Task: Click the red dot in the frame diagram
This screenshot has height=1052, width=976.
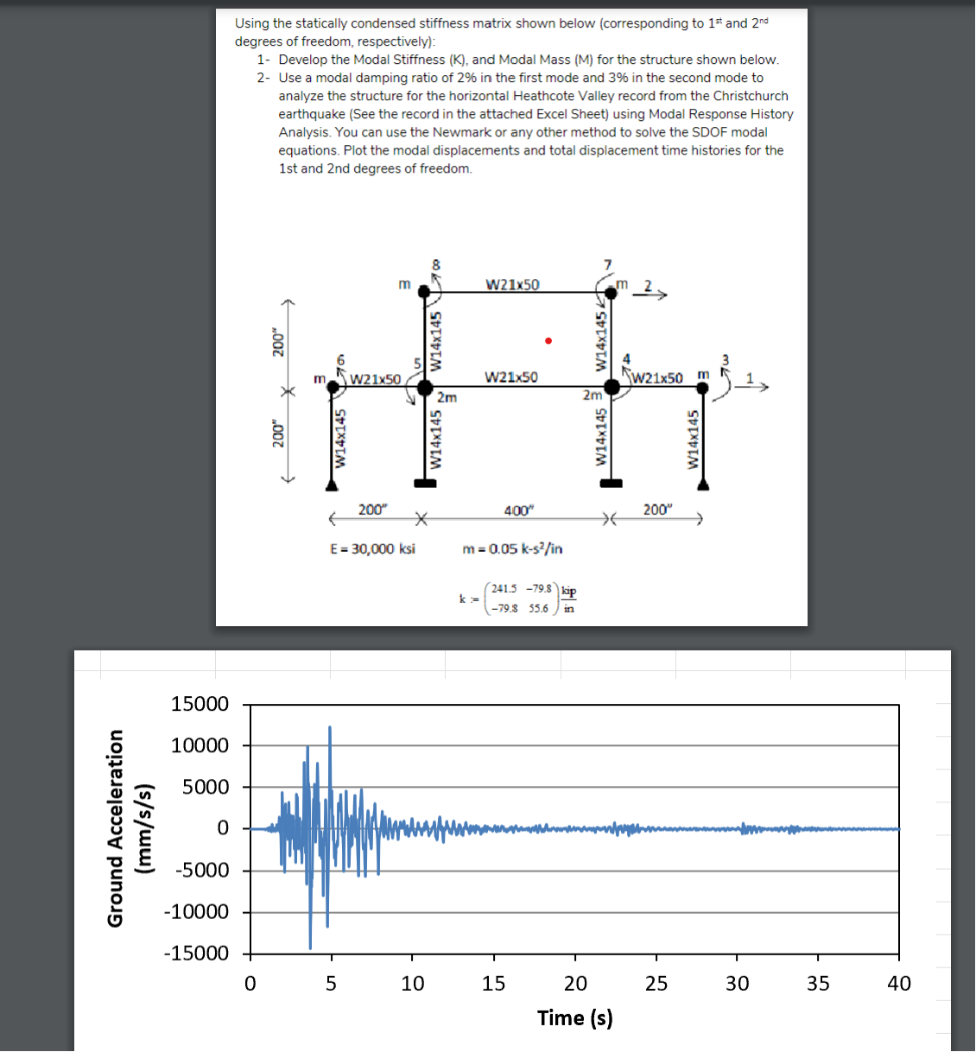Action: (x=548, y=340)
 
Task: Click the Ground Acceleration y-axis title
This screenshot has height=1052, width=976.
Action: (x=126, y=828)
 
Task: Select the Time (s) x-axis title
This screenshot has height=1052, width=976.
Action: (x=574, y=1018)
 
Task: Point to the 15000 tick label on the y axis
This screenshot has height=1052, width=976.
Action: (x=200, y=704)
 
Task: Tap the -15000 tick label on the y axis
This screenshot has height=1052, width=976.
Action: (x=197, y=954)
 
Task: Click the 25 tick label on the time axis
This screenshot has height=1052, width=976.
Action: (x=656, y=984)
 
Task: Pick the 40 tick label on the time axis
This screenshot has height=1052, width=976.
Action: (x=899, y=984)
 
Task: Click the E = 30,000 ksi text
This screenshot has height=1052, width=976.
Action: (x=372, y=548)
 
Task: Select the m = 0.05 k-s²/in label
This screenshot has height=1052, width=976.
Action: (x=513, y=548)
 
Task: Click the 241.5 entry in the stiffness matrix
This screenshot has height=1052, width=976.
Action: (x=503, y=589)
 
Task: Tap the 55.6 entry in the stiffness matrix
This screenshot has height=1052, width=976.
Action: (x=538, y=608)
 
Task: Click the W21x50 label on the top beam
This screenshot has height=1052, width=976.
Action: (x=512, y=284)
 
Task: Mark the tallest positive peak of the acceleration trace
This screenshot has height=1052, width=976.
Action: (x=329, y=728)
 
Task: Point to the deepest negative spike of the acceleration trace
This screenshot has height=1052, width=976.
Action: (x=310, y=947)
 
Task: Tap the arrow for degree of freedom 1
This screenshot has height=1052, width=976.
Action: (x=757, y=388)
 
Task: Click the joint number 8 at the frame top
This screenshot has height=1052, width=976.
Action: (x=436, y=264)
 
